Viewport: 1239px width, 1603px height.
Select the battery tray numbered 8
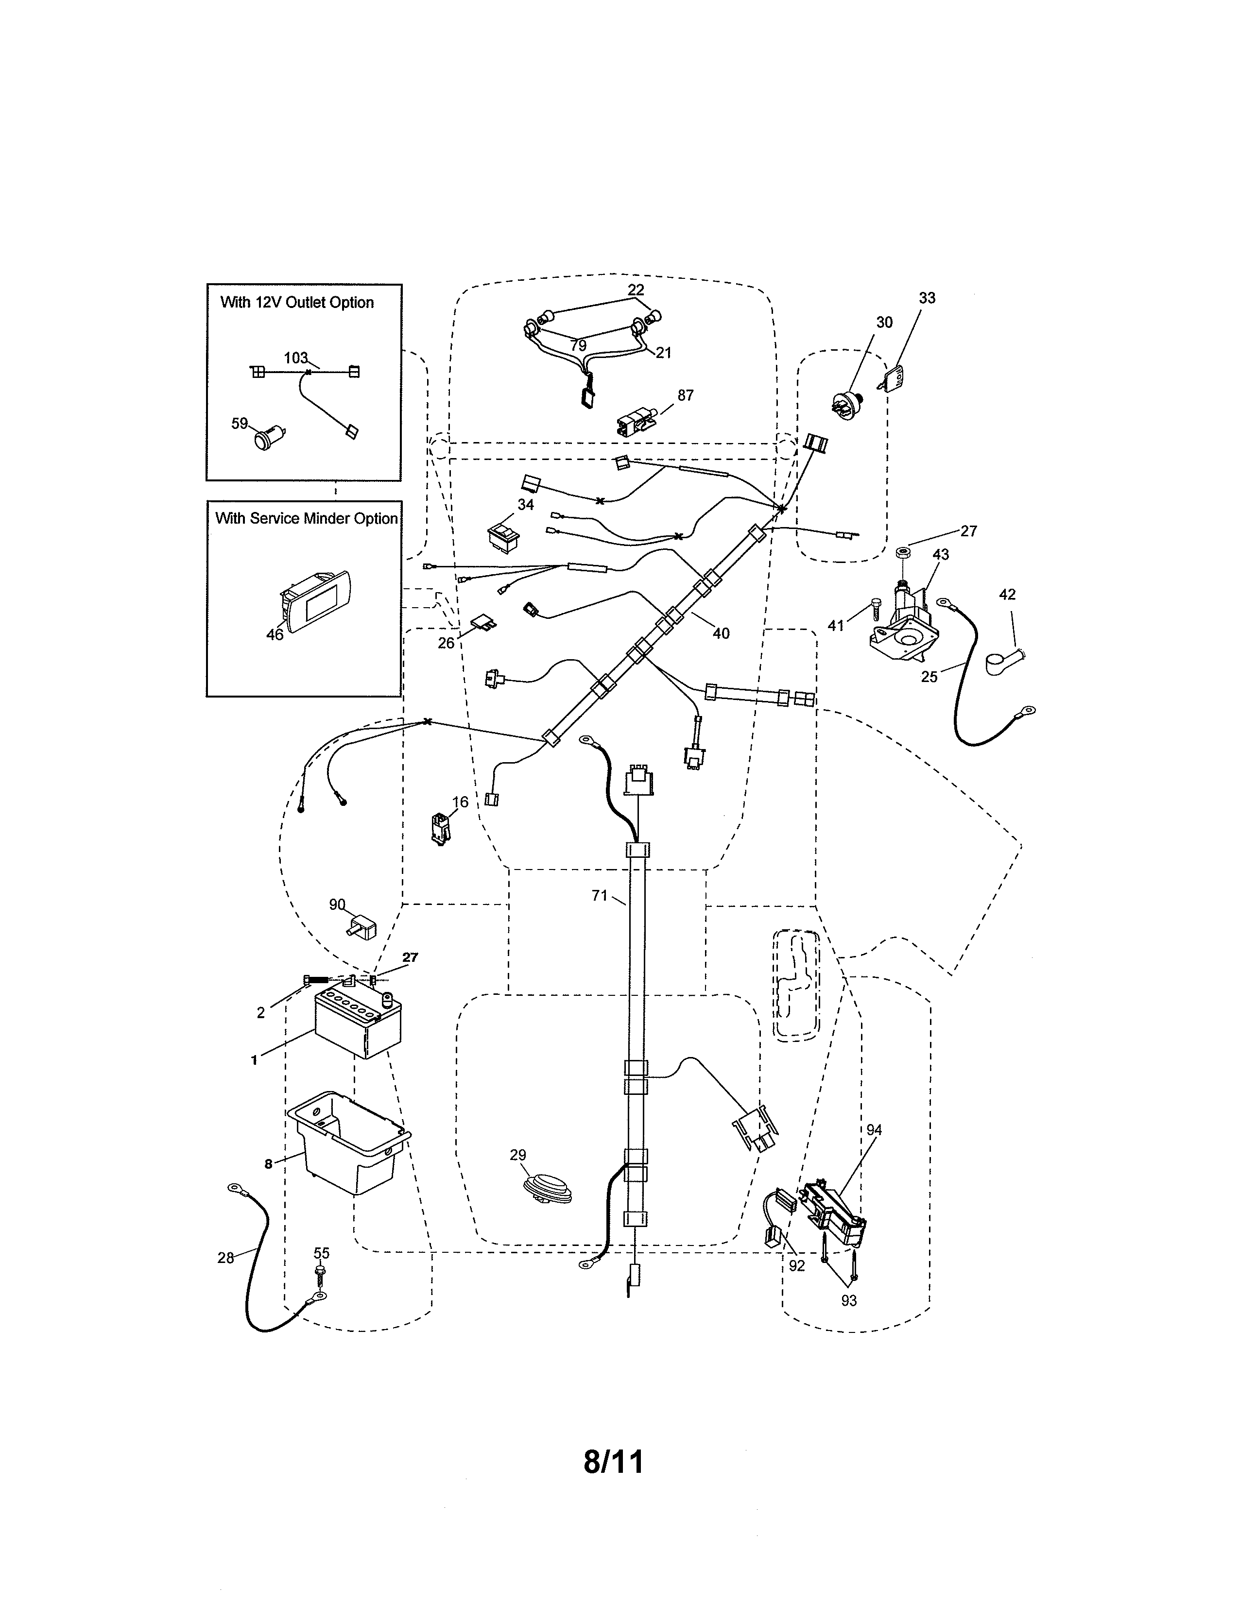tap(349, 1152)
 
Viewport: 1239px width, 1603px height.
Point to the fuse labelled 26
tap(477, 624)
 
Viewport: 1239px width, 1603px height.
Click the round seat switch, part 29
tap(547, 1188)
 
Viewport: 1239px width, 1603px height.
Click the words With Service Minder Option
tap(306, 518)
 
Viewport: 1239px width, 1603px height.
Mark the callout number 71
tap(599, 895)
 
